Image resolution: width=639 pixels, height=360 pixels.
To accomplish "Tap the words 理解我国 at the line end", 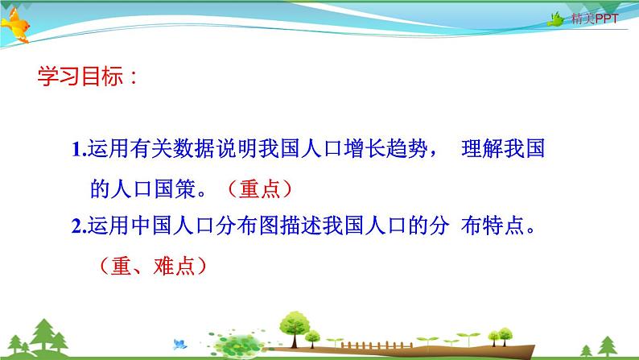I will [493, 149].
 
